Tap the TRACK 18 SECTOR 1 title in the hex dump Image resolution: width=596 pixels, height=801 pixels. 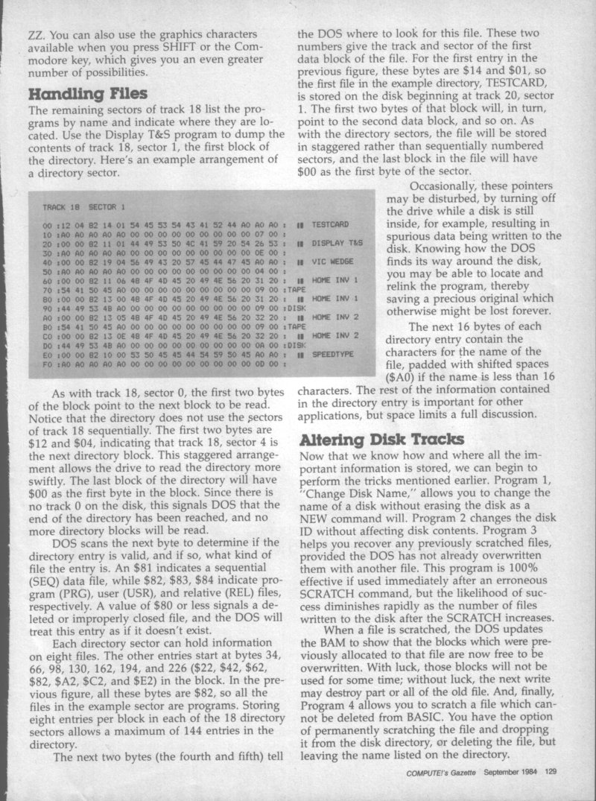(x=83, y=205)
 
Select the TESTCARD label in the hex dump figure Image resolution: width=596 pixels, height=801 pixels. (x=330, y=224)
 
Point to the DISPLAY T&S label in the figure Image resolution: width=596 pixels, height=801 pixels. (x=337, y=242)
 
